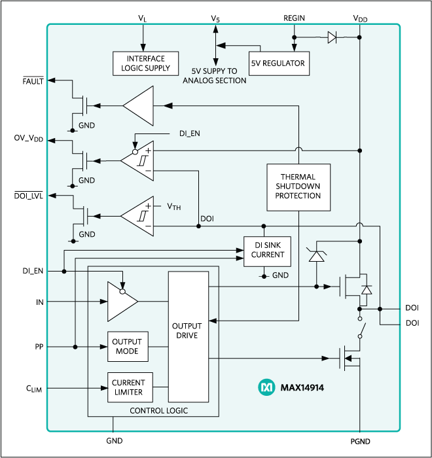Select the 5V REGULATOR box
[278, 63]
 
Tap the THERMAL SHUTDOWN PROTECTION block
[298, 186]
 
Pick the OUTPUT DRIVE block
[187, 336]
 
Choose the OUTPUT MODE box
[127, 347]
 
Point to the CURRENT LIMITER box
[129, 387]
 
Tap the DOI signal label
[207, 218]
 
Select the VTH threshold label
[173, 207]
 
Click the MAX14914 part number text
[302, 388]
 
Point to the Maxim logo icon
[266, 387]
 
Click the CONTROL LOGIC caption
[159, 411]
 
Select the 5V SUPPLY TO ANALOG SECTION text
[215, 76]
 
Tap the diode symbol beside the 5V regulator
[332, 37]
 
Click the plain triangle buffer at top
[138, 105]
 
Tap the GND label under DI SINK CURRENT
[280, 275]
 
